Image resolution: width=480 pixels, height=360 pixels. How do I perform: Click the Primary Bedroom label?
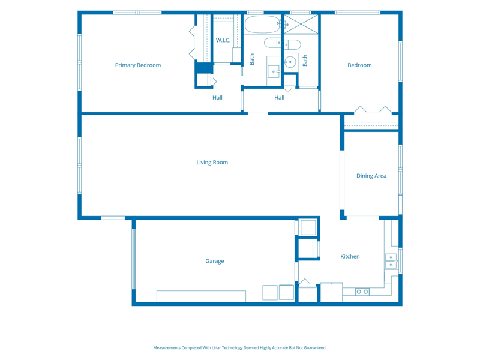[x=138, y=65]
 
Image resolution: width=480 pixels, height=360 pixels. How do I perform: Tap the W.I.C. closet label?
[x=223, y=40]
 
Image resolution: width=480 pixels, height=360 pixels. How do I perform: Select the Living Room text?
[x=212, y=163]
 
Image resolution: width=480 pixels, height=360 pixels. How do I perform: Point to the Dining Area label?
[x=371, y=176]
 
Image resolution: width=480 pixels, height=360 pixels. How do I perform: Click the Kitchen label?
[x=350, y=257]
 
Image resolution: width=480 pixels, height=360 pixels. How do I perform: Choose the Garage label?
[x=215, y=261]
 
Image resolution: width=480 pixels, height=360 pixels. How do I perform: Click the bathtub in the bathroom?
[x=262, y=25]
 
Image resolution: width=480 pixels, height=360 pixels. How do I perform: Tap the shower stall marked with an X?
[x=301, y=24]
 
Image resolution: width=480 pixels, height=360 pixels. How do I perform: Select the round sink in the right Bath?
[x=290, y=62]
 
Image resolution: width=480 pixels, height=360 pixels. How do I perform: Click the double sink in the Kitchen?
[x=391, y=261]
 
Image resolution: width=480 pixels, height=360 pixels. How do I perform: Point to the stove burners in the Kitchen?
[x=362, y=292]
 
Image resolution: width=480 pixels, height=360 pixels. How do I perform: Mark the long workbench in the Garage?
[x=201, y=296]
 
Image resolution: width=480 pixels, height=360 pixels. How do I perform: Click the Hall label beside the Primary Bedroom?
[x=217, y=98]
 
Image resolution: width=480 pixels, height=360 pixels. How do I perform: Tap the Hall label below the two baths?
[x=279, y=98]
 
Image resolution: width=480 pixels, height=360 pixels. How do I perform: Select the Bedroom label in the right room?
[x=359, y=65]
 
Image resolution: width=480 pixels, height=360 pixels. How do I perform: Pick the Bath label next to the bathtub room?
[x=251, y=59]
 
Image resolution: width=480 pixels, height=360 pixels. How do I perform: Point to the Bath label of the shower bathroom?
[x=305, y=61]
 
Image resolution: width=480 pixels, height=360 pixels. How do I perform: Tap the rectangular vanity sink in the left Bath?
[x=274, y=71]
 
